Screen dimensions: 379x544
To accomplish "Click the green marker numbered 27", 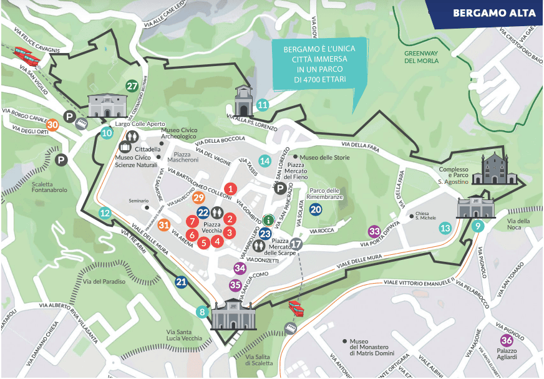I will pos(132,86).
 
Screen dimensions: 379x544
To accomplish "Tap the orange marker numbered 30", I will pos(53,125).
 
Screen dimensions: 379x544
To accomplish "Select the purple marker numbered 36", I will pos(507,340).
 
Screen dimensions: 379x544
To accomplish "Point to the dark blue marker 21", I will pos(182,282).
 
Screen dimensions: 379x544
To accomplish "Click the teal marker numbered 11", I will pos(263,105).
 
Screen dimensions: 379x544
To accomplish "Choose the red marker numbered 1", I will pos(230,188).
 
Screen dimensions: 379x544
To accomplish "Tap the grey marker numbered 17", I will pos(297,244).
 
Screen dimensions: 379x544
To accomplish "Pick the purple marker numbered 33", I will pos(374,231).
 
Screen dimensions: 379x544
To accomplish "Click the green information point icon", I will pos(268,219).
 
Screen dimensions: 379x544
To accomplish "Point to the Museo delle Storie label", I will pos(323,157).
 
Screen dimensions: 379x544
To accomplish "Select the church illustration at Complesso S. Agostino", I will pos(495,170).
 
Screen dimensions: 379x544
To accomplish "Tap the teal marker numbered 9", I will pos(478,227).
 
